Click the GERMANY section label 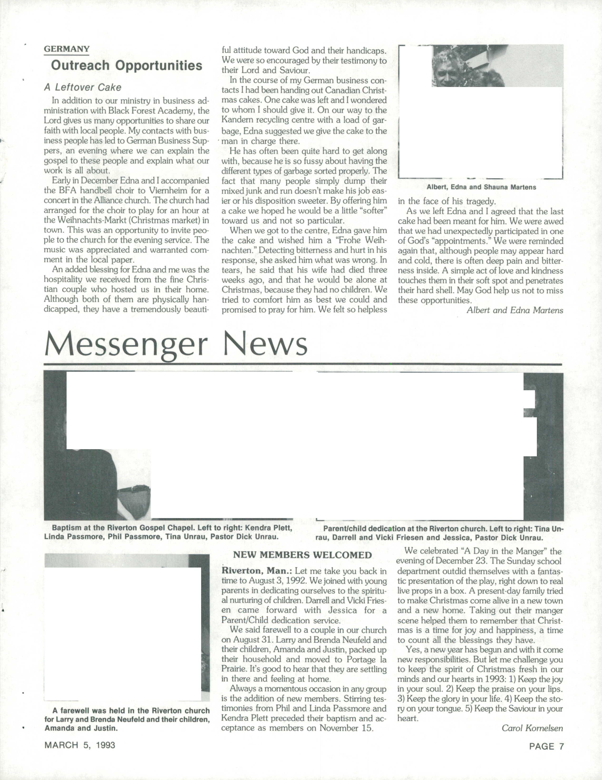pyautogui.click(x=66, y=49)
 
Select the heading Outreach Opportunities pyautogui.click(x=126, y=65)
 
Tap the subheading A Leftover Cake pyautogui.click(x=83, y=87)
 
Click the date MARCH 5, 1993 pyautogui.click(x=80, y=745)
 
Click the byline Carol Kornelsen pyautogui.click(x=532, y=728)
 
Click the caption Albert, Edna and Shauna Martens pyautogui.click(x=481, y=187)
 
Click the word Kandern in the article pyautogui.click(x=238, y=120)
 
